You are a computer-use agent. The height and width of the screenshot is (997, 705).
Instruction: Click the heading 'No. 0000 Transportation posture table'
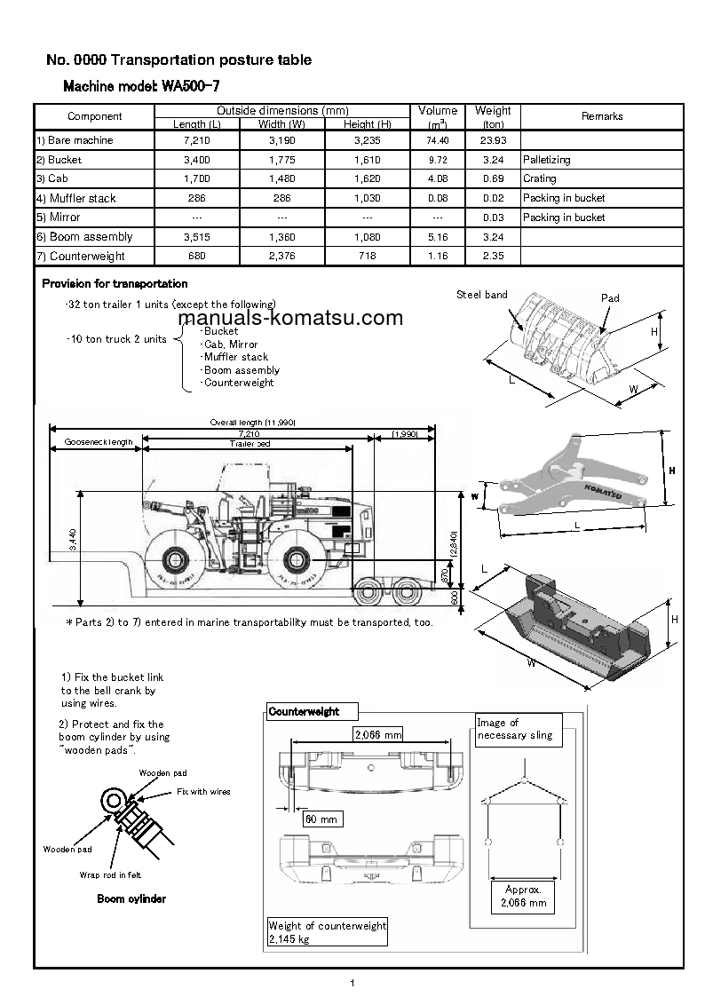coord(178,60)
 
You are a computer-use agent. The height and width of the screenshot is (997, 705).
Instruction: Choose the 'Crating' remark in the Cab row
coord(540,178)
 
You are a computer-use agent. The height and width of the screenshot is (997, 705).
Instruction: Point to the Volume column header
coord(438,111)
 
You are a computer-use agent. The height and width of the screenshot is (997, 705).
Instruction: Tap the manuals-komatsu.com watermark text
coord(290,319)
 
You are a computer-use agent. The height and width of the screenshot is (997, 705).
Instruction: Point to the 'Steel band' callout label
coord(482,295)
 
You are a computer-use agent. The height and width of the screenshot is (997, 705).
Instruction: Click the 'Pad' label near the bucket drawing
coord(610,298)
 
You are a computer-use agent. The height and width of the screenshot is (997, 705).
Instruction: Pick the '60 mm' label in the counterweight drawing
coord(321,819)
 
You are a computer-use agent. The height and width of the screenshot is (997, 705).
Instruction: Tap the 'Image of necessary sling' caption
coord(515,729)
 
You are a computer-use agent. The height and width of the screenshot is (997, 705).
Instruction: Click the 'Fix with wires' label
coord(203,791)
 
